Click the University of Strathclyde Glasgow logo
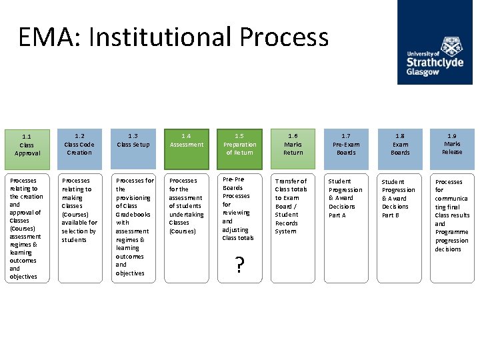point(435,43)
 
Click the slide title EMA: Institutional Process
point(173,37)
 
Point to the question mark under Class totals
point(239,265)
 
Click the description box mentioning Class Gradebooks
point(134,227)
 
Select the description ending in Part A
point(345,227)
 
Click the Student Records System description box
point(292,227)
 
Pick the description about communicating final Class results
point(452,227)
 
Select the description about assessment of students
point(187,227)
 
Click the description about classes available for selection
point(79,227)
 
